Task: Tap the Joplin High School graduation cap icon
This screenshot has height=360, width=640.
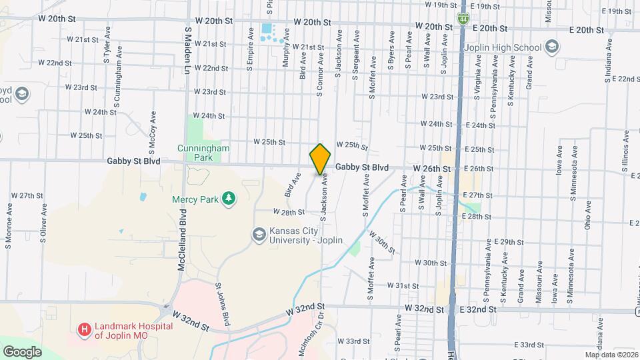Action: [x=551, y=46]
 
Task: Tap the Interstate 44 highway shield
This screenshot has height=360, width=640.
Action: [x=462, y=20]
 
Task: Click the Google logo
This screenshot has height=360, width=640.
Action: [x=22, y=351]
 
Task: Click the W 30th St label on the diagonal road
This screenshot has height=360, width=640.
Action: [x=381, y=244]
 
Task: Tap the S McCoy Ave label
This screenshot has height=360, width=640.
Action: [x=153, y=131]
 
